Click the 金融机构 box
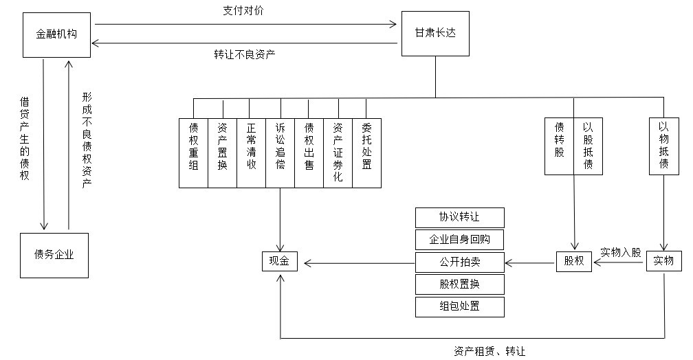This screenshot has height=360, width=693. (58, 34)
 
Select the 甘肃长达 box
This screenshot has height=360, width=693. (435, 34)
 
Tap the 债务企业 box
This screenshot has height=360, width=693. (54, 255)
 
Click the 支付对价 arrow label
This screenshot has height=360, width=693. (243, 11)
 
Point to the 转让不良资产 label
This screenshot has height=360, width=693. (245, 54)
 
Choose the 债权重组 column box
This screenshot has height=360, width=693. (193, 153)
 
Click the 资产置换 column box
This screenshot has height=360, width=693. (222, 153)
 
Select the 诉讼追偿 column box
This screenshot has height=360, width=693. (280, 153)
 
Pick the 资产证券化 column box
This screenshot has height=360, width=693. (338, 153)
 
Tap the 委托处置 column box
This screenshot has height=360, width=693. (366, 153)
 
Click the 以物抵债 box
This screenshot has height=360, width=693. (663, 145)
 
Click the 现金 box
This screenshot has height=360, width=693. (280, 261)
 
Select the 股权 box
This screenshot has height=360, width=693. (573, 261)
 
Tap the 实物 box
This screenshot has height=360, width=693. (663, 261)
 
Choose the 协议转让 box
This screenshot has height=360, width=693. (459, 217)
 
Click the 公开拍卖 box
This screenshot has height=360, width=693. (459, 262)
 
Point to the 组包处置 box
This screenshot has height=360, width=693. (459, 306)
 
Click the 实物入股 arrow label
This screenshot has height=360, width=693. (620, 252)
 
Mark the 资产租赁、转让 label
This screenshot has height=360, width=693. (489, 350)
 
